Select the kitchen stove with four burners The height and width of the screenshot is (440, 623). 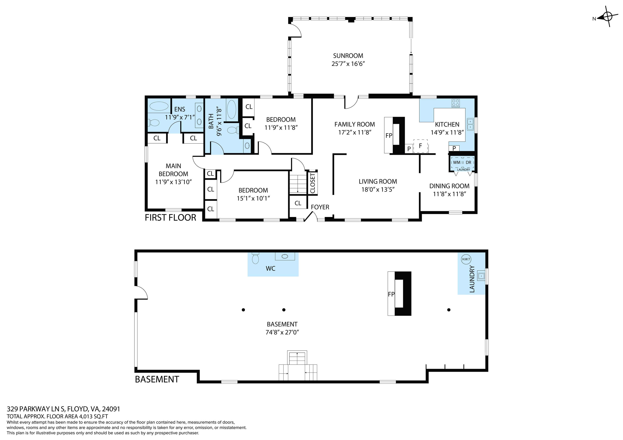455,103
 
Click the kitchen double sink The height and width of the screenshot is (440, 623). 470,124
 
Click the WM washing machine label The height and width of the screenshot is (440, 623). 457,162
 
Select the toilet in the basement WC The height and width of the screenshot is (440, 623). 255,258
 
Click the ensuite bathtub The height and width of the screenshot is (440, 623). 159,106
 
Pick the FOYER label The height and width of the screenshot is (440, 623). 320,207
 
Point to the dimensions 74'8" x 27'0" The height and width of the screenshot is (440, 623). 282,332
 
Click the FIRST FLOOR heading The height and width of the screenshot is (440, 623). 170,217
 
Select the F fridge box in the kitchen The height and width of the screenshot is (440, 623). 420,146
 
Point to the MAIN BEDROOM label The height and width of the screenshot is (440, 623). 173,170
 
